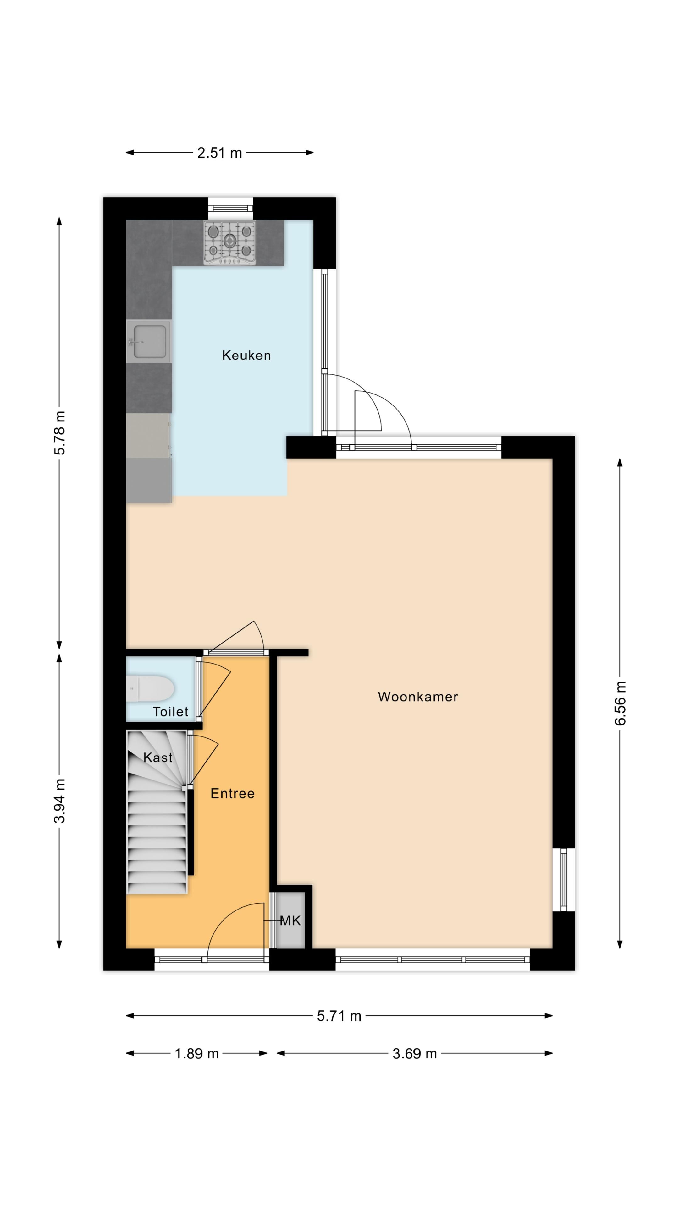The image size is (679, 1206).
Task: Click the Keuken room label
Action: click(x=246, y=355)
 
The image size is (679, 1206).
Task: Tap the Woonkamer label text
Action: click(x=417, y=697)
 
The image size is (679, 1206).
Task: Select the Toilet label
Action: click(x=170, y=712)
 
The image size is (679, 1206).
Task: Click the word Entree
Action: click(x=232, y=793)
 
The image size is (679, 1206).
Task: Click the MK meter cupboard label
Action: click(x=290, y=921)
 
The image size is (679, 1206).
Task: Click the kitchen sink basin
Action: click(x=150, y=341)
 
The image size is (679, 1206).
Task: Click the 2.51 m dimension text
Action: click(x=219, y=153)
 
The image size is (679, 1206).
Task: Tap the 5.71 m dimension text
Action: click(x=339, y=1016)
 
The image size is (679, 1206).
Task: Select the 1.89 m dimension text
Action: click(x=196, y=1053)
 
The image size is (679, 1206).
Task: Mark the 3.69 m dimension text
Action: click(x=414, y=1053)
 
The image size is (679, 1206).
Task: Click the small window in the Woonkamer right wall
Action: click(x=564, y=879)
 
